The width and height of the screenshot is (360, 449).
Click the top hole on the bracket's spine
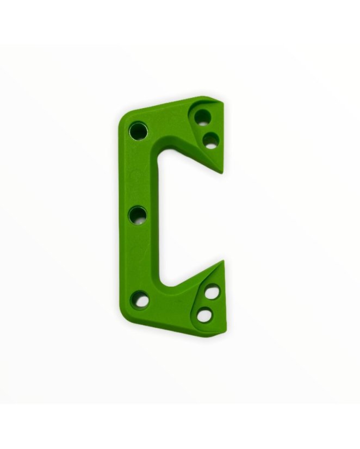(x=138, y=130)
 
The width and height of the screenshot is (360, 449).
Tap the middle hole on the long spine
(x=138, y=216)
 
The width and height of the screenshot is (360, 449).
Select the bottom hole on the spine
(x=140, y=298)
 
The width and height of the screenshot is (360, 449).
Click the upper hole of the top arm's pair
(x=202, y=116)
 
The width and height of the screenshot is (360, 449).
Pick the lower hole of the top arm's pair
(x=210, y=140)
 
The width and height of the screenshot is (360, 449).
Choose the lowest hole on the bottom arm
(x=204, y=315)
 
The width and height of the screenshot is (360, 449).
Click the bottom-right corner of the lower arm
(x=226, y=330)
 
